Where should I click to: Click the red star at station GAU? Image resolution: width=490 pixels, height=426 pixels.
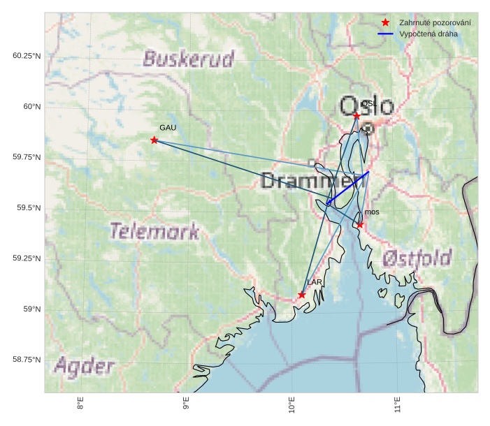pyautogui.click(x=154, y=140)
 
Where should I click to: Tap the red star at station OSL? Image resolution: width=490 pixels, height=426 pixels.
pyautogui.click(x=356, y=116)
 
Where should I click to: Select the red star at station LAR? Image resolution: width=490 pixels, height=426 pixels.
pyautogui.click(x=302, y=295)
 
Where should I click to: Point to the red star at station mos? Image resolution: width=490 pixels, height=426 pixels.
pyautogui.click(x=359, y=225)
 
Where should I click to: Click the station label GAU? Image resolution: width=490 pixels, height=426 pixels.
pyautogui.click(x=168, y=128)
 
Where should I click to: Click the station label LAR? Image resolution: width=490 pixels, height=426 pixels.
pyautogui.click(x=315, y=282)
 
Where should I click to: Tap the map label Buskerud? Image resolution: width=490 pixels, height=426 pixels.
pyautogui.click(x=189, y=59)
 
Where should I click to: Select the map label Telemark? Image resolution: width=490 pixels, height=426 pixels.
pyautogui.click(x=154, y=231)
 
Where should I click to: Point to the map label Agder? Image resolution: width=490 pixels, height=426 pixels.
pyautogui.click(x=84, y=366)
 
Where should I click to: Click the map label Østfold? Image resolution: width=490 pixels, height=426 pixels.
pyautogui.click(x=417, y=258)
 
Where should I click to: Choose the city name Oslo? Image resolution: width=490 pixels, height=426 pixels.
pyautogui.click(x=366, y=106)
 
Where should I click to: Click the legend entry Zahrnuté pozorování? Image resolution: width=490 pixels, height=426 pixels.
pyautogui.click(x=434, y=23)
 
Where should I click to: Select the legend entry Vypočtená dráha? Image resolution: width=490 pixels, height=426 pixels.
pyautogui.click(x=428, y=34)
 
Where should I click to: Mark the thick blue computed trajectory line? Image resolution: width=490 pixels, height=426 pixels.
pyautogui.click(x=347, y=188)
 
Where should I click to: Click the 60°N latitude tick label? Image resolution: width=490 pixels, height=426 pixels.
pyautogui.click(x=27, y=107)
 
